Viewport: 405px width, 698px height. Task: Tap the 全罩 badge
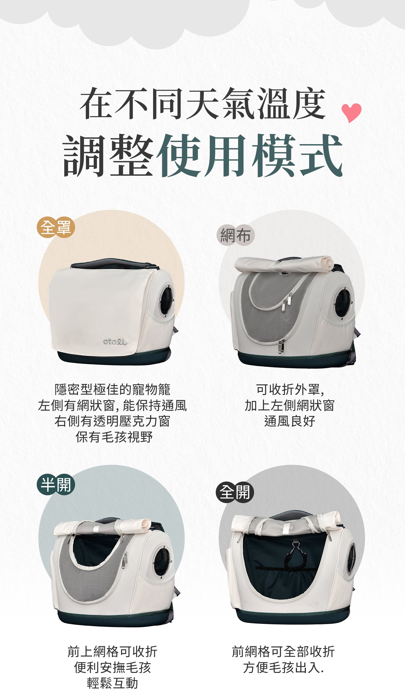coord(56,227)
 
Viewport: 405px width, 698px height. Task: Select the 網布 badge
coord(235,235)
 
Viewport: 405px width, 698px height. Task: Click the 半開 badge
coord(56,484)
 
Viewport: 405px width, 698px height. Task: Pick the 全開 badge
coord(235,492)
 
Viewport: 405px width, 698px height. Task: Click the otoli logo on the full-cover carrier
coord(115,342)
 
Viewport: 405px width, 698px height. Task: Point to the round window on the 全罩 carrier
coord(167,301)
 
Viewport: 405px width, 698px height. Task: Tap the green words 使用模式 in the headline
coord(250,156)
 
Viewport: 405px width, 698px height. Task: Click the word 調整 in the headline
coord(108,156)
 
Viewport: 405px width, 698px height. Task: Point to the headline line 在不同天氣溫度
coord(203,103)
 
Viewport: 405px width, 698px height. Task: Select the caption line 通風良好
coord(290,421)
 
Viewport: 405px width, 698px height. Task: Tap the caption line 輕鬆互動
coord(113,683)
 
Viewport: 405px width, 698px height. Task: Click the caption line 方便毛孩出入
coord(283,667)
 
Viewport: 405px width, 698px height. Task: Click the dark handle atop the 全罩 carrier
coord(114,263)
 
